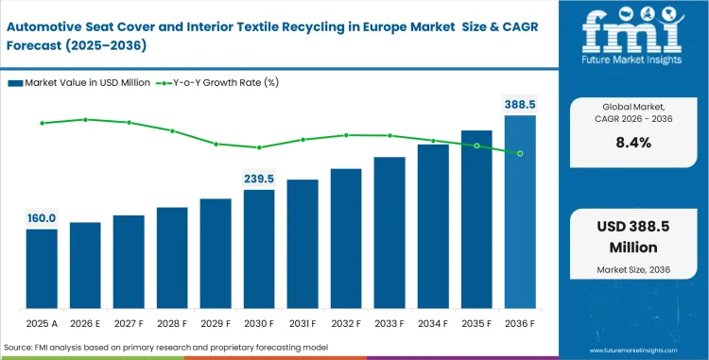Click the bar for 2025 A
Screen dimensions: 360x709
coord(42,269)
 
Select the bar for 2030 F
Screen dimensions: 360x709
coord(259,249)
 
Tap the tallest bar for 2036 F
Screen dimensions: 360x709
coord(520,213)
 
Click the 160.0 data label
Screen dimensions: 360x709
coord(42,218)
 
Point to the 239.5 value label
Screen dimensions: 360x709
coord(259,179)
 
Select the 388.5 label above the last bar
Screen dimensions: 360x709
coord(519,104)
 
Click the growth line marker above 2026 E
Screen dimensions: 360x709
coord(85,119)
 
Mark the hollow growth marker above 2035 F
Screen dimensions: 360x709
coord(476,146)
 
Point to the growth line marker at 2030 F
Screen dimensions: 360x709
coord(259,147)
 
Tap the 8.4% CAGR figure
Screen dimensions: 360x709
coord(633,143)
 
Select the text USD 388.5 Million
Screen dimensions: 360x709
coord(633,239)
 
